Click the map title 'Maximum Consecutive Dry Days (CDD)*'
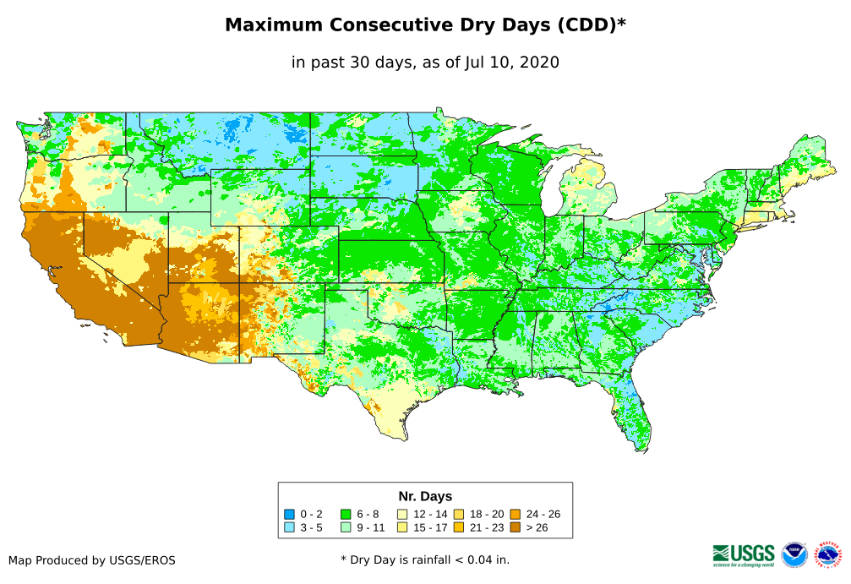(x=425, y=25)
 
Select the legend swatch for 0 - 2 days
(x=290, y=514)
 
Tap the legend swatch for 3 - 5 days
(x=290, y=527)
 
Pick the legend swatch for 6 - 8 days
(x=346, y=514)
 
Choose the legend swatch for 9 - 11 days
(x=346, y=527)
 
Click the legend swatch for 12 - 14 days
(x=402, y=514)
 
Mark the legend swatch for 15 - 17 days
(x=402, y=527)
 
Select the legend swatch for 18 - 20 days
(x=458, y=514)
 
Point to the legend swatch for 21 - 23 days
(x=458, y=527)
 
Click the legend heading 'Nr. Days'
(x=425, y=496)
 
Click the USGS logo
(x=744, y=554)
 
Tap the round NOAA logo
(x=794, y=554)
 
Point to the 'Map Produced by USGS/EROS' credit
(x=92, y=560)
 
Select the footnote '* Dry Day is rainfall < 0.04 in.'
(x=425, y=559)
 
